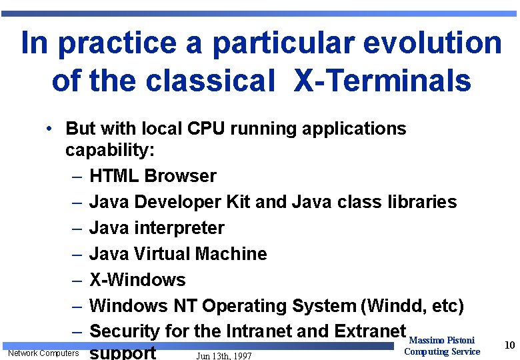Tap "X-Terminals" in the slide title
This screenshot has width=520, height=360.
click(x=383, y=81)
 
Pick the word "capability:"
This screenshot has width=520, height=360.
click(x=110, y=151)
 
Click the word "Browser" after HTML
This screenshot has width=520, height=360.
click(x=180, y=176)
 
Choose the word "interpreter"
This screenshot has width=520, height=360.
click(x=177, y=228)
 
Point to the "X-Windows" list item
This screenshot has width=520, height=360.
click(x=137, y=280)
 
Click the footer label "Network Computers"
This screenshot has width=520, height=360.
click(x=43, y=353)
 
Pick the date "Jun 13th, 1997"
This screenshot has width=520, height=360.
click(x=224, y=355)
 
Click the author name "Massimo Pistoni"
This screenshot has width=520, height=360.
click(x=442, y=341)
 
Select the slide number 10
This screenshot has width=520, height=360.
click(x=510, y=345)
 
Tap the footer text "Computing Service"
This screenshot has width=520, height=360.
click(x=442, y=351)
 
